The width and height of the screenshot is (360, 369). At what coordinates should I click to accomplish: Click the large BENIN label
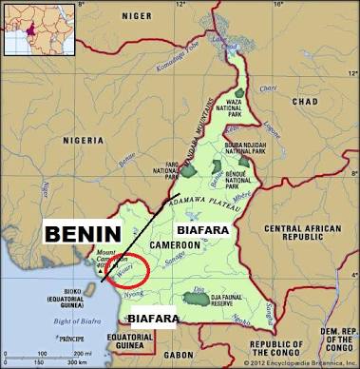pyautogui.click(x=82, y=234)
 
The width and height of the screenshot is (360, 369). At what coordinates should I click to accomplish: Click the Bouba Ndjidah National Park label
pyautogui.click(x=243, y=148)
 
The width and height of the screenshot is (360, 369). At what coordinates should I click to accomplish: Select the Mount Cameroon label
pyautogui.click(x=111, y=257)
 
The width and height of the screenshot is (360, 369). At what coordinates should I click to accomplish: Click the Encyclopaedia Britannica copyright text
pyautogui.click(x=299, y=362)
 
